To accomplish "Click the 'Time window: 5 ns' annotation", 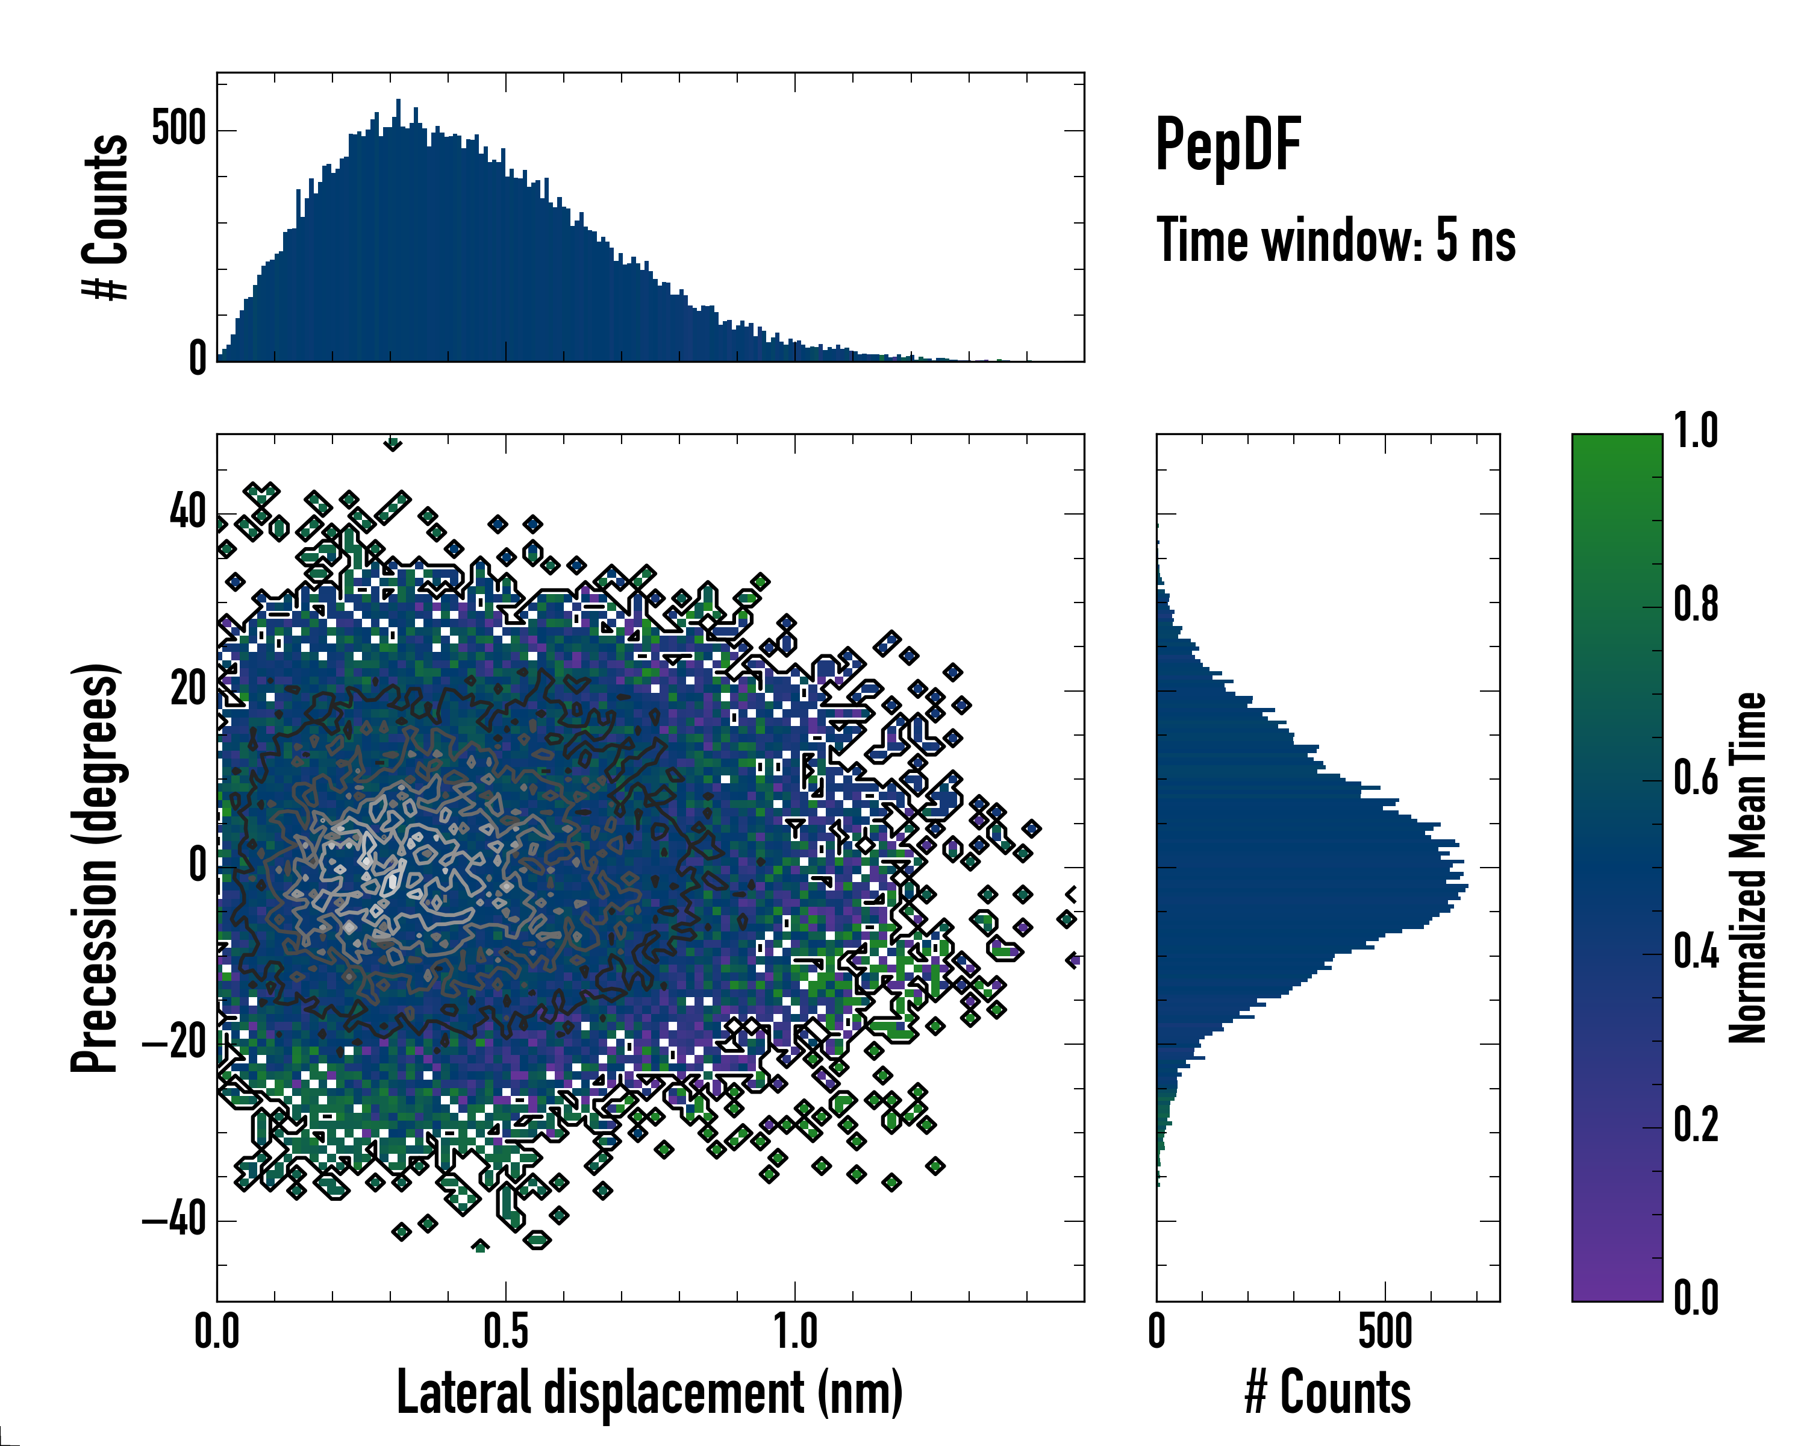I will [x=1335, y=240].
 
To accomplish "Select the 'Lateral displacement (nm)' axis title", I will [x=649, y=1393].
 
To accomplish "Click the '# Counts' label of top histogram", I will [x=105, y=216].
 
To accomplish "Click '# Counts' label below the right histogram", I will [x=1328, y=1393].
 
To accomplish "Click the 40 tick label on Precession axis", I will [x=188, y=512].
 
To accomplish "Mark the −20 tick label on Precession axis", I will [x=175, y=1043].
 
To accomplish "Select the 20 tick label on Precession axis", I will [x=188, y=690].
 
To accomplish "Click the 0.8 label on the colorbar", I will [x=1696, y=606].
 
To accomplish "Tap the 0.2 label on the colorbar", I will [x=1696, y=1125].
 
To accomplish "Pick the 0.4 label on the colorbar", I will [x=1696, y=953].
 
